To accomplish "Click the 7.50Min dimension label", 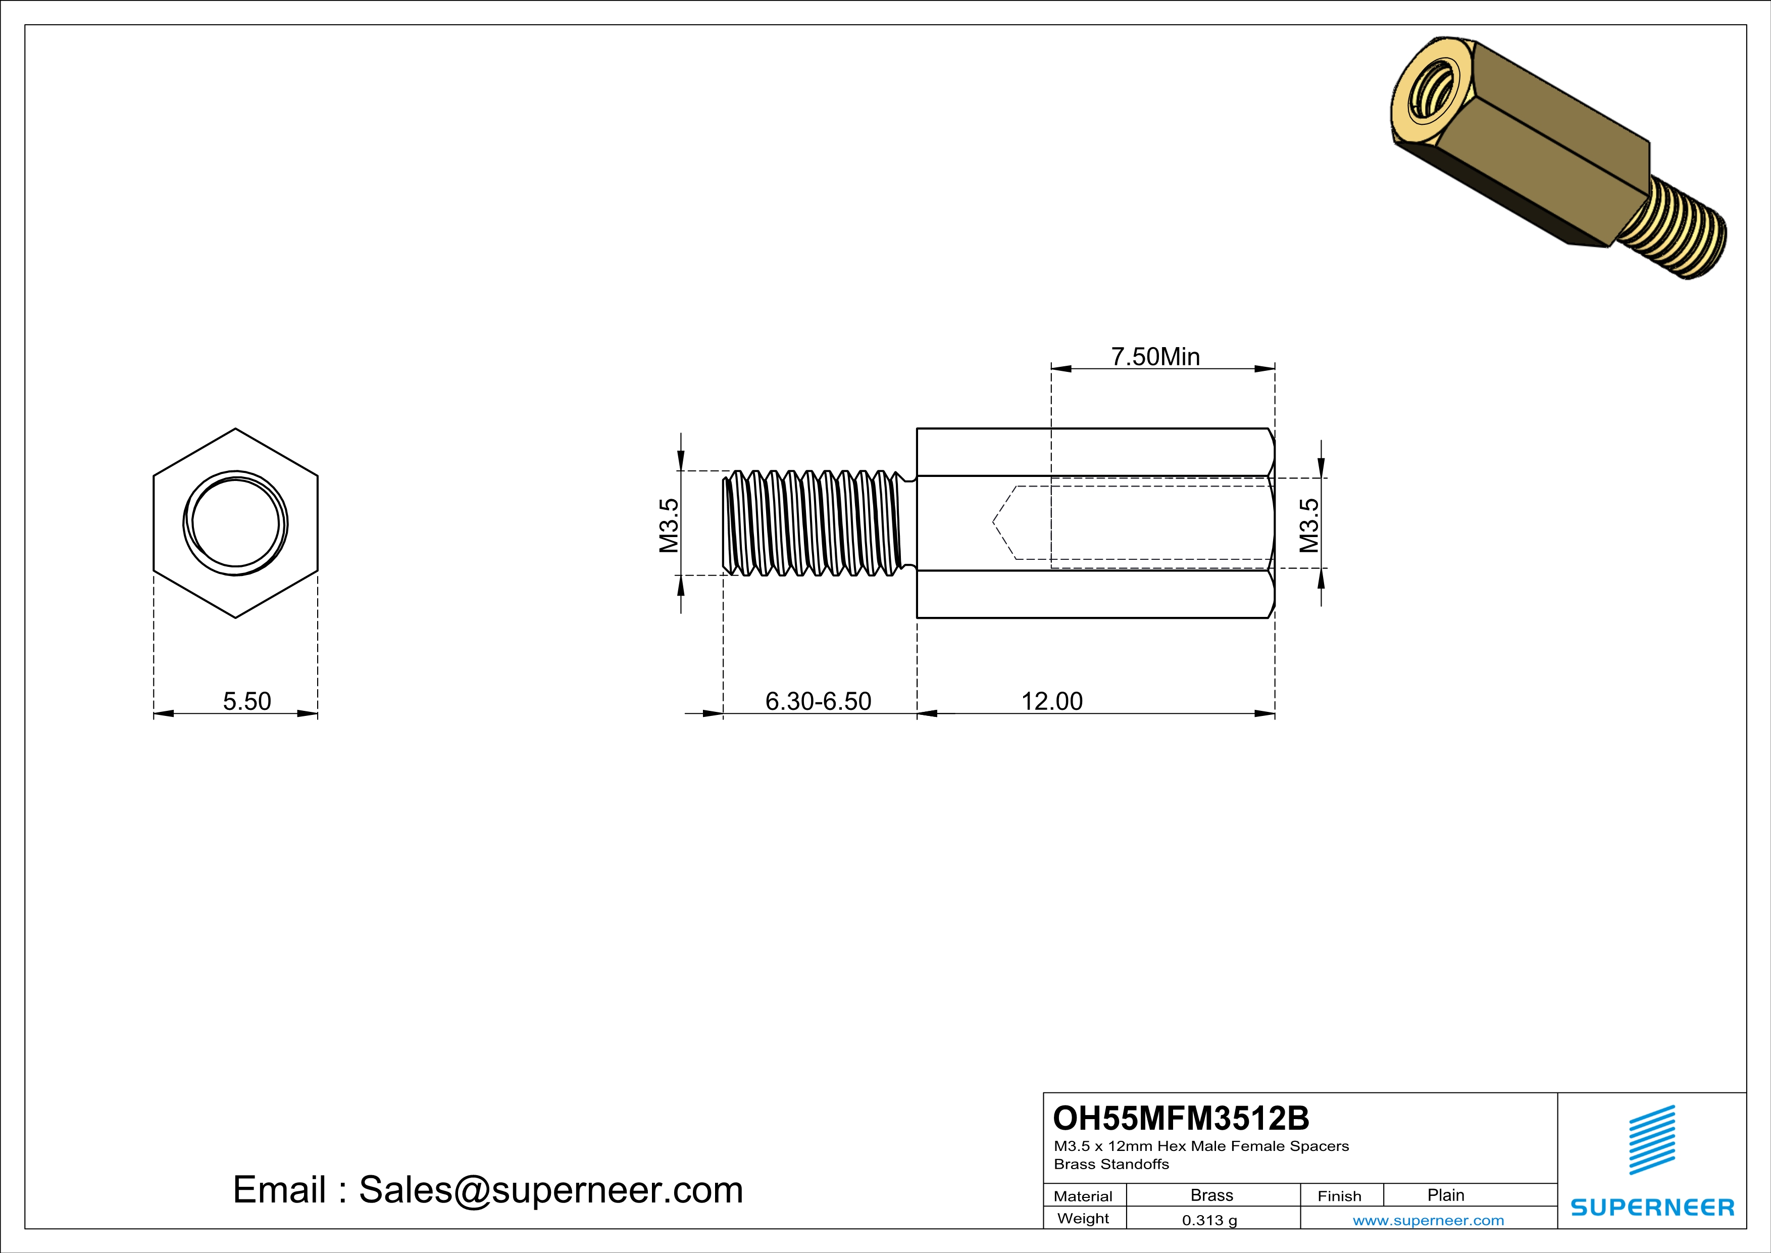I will (x=1155, y=357).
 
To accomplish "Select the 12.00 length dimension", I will (x=1051, y=701).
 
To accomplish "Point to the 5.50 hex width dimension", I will (x=247, y=701).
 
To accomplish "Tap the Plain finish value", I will (x=1445, y=1195).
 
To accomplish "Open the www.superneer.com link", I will (x=1428, y=1220).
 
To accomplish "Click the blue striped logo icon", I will (x=1651, y=1140).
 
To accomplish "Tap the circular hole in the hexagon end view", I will (x=235, y=523).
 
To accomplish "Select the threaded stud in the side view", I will (x=814, y=523).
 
